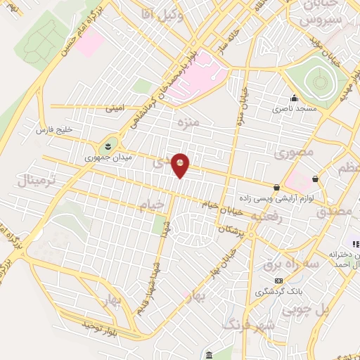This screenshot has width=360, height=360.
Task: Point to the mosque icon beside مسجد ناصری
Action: click(x=293, y=99)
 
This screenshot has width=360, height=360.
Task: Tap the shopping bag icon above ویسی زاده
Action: click(x=277, y=187)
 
